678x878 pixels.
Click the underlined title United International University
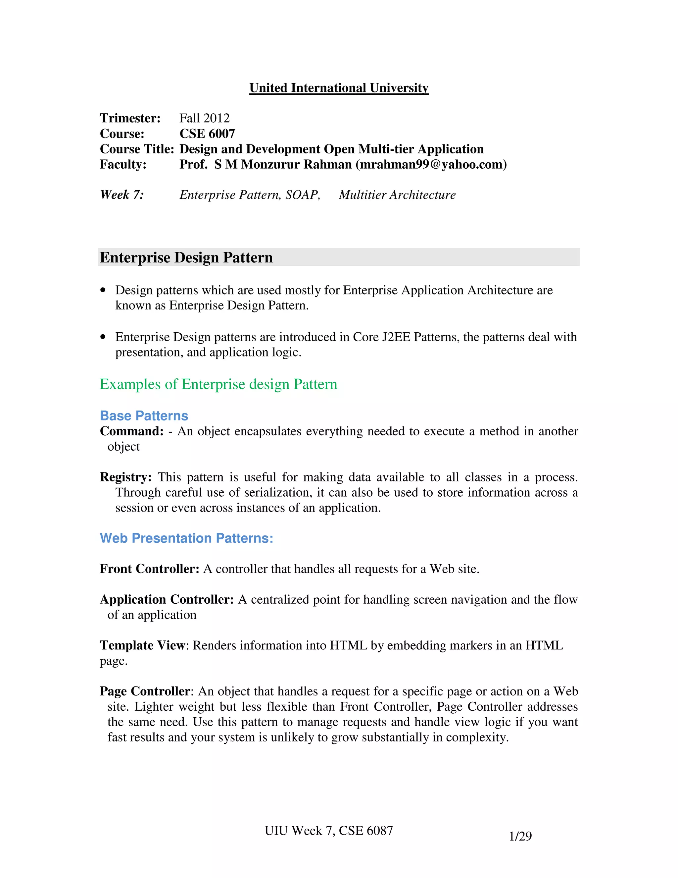point(339,88)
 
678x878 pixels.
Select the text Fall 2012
point(205,118)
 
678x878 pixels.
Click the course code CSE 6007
point(207,134)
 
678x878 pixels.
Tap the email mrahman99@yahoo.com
point(431,164)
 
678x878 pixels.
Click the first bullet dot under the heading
point(104,290)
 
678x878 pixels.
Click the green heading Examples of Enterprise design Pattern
point(218,384)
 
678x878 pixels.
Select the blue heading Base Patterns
point(144,416)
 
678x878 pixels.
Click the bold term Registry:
point(126,477)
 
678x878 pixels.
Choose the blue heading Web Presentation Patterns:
point(186,538)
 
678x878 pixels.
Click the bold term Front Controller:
point(149,569)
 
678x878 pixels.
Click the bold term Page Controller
point(145,691)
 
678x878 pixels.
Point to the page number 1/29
point(520,837)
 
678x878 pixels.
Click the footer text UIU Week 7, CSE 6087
point(328,831)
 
